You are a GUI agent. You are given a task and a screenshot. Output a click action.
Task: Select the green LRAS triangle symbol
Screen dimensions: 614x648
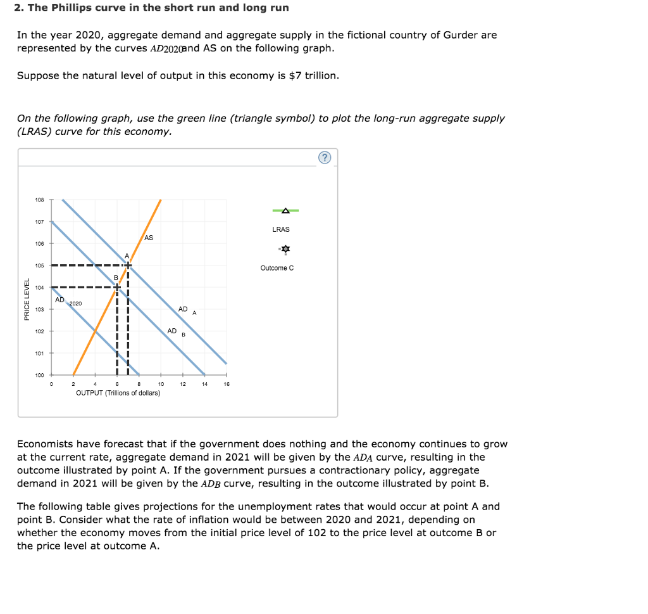click(285, 210)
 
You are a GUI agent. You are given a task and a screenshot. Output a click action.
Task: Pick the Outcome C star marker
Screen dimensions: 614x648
click(285, 250)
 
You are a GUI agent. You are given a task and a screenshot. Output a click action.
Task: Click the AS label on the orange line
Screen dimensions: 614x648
click(149, 238)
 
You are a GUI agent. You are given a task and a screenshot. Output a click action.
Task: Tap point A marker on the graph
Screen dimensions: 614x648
click(128, 265)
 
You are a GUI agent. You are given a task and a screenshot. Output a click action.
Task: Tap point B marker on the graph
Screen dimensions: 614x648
click(117, 287)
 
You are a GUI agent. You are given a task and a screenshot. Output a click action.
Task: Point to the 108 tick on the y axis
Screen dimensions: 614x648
click(40, 200)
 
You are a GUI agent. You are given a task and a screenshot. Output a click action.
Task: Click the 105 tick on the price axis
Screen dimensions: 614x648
click(40, 265)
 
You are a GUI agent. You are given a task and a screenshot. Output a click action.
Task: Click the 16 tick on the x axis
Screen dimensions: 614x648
click(227, 384)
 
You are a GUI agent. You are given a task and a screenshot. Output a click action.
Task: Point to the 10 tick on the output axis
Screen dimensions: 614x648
click(161, 384)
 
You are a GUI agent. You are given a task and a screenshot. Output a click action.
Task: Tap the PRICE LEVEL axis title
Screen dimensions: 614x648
click(27, 299)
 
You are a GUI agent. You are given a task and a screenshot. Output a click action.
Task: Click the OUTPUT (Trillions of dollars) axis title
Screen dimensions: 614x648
click(118, 393)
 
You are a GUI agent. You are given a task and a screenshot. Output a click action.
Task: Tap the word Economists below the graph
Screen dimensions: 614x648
click(45, 444)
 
